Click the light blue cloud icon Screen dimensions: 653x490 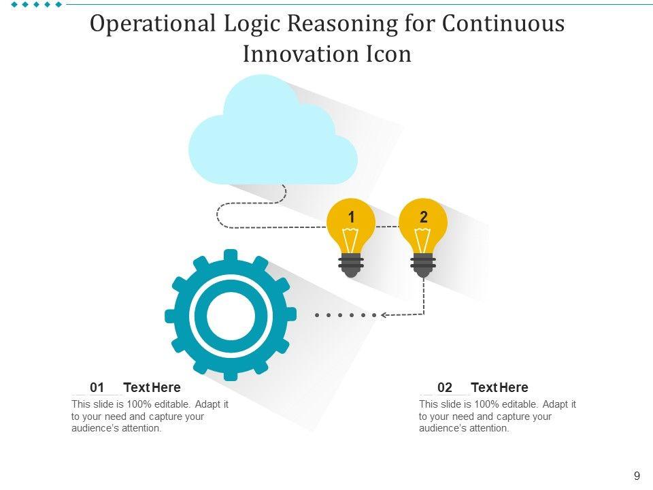click(x=272, y=136)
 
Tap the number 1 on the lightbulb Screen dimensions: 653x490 click(x=351, y=217)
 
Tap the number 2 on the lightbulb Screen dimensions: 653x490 click(x=424, y=217)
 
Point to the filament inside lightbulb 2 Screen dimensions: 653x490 click(x=423, y=240)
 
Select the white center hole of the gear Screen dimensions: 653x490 click(x=230, y=314)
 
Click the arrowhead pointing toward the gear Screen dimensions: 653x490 click(x=385, y=315)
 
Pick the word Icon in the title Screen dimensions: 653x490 click(x=390, y=54)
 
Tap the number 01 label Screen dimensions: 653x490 click(x=97, y=388)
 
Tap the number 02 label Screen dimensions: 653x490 click(x=445, y=388)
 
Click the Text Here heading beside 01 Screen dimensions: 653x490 click(x=152, y=388)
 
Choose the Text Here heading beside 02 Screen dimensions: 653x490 click(x=499, y=388)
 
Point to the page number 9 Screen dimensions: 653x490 click(x=637, y=476)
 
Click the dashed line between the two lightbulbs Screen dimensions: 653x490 click(x=387, y=226)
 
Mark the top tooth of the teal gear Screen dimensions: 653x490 click(x=230, y=256)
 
